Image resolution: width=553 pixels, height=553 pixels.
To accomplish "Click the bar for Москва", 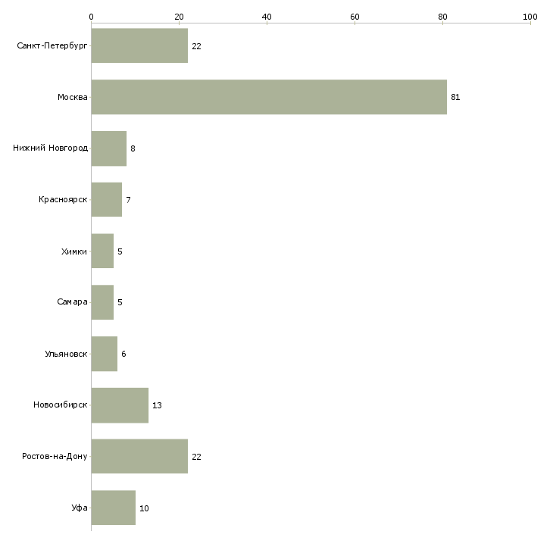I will (x=269, y=97).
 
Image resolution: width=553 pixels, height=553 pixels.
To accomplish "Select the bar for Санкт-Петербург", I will (x=139, y=46).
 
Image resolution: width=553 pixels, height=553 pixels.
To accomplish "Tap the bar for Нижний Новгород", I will (x=108, y=148).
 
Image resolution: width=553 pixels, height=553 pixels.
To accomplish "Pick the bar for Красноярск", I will (x=106, y=200).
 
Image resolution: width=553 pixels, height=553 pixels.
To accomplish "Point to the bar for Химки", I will (x=102, y=251).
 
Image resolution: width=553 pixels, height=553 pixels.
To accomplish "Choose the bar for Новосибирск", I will (x=120, y=405).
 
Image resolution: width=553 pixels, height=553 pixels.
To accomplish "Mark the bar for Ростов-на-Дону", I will (x=139, y=457).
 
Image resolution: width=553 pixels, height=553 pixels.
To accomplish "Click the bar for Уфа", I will (x=113, y=508).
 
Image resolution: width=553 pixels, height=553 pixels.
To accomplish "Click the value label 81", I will (x=455, y=97).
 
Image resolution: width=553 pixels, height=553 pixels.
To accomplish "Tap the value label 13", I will (x=157, y=405).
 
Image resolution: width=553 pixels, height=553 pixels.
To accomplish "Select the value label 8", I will (x=133, y=148).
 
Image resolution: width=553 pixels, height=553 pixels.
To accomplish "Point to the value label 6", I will (x=123, y=354).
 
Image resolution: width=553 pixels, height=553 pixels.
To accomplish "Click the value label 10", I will (x=144, y=508).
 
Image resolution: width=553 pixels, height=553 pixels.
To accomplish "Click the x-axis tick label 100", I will (x=530, y=16).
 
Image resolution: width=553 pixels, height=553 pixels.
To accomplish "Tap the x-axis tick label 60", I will (x=355, y=16).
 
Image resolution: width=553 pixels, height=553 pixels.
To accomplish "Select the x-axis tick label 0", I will (x=91, y=16).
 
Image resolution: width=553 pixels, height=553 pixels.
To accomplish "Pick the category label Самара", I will (x=72, y=302).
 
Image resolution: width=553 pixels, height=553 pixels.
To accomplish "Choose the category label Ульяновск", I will (x=65, y=354).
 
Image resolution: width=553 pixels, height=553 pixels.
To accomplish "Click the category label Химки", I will (x=73, y=251).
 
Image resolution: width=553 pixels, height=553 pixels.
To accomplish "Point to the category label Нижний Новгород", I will (x=50, y=148).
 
